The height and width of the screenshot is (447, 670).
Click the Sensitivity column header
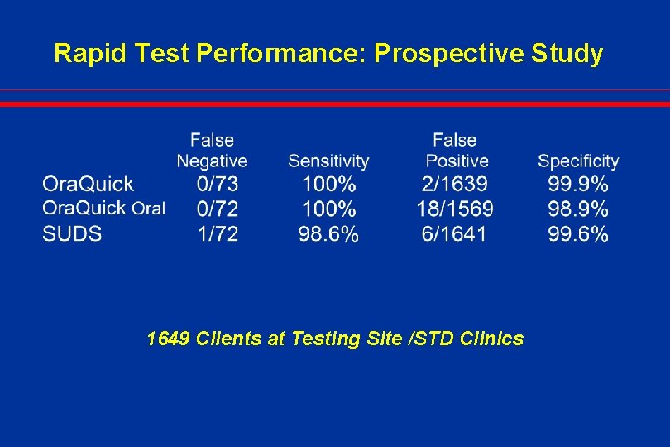(x=328, y=161)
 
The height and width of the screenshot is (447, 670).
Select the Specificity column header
(x=578, y=161)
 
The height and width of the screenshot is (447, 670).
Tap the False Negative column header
(x=212, y=151)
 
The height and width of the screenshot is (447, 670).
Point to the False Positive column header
(x=456, y=151)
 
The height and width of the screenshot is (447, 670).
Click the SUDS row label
(x=73, y=233)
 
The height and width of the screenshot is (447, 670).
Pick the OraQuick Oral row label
(x=104, y=208)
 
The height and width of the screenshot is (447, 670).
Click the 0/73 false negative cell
(x=218, y=184)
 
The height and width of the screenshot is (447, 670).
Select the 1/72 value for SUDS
(x=218, y=233)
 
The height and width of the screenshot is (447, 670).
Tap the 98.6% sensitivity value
(x=328, y=233)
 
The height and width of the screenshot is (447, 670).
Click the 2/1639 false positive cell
(x=454, y=184)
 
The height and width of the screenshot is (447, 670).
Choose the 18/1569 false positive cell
(x=454, y=209)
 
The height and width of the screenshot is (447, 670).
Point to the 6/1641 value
(x=454, y=233)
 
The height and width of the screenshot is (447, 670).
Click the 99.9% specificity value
(x=578, y=184)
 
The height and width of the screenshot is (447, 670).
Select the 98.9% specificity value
(x=578, y=209)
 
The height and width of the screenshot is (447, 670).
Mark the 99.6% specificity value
(x=578, y=233)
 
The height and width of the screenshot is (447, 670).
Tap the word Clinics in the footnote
(x=493, y=339)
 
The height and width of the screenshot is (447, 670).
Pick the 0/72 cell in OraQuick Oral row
(x=218, y=209)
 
